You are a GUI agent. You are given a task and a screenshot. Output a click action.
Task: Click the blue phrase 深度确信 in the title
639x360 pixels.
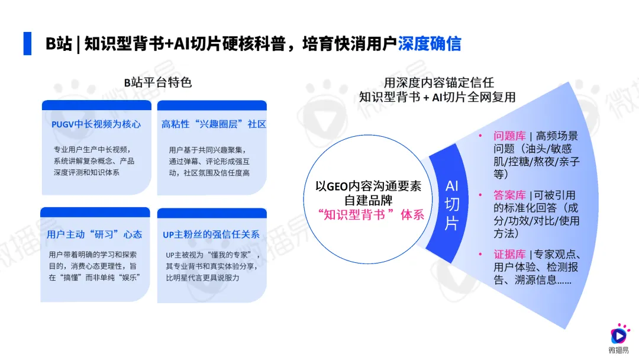pos(430,44)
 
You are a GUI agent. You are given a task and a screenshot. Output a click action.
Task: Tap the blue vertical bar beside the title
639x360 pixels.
pos(27,43)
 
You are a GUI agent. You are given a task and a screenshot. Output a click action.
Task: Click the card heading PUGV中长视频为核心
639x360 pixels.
pos(96,124)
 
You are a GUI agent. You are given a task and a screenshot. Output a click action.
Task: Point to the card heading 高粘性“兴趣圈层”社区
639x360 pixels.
pos(214,124)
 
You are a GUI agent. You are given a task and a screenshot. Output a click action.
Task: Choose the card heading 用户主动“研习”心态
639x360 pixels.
pos(95,234)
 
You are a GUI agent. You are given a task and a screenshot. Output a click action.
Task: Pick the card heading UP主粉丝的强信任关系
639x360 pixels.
pos(211,234)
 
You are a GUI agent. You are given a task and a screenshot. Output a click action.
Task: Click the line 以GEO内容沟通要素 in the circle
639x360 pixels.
pos(369,185)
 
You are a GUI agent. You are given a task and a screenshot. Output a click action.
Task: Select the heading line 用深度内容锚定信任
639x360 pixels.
pos(438,82)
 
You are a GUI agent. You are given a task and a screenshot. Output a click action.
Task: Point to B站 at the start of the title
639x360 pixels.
pos(59,44)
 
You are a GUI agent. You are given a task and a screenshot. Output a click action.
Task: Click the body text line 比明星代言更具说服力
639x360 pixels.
pos(202,277)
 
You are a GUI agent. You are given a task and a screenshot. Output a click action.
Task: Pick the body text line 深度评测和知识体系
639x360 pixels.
pos(86,172)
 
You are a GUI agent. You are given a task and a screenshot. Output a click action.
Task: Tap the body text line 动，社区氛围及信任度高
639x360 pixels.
pos(209,172)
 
